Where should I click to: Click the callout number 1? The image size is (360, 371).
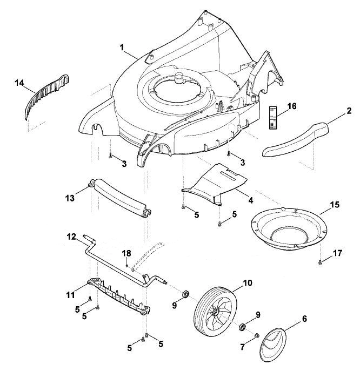point(122,48)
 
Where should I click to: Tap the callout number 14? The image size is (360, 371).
point(19,83)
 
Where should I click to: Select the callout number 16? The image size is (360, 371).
point(292,106)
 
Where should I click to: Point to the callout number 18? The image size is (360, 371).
point(126,253)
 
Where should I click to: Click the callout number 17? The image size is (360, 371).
point(337,253)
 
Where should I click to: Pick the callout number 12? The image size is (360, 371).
point(71,237)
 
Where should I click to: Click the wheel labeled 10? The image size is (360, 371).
point(215,308)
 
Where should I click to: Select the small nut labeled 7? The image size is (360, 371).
point(256,335)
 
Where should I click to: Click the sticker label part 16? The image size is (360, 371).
point(273,118)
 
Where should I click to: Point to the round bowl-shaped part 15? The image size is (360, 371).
point(289,228)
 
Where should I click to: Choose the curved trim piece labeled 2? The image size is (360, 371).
point(296,139)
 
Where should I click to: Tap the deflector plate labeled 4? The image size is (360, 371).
point(215,185)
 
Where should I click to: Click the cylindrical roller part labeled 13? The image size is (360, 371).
point(120,198)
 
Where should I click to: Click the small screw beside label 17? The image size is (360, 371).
point(321,262)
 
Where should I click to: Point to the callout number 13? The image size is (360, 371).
point(70,198)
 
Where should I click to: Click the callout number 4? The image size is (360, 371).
point(251,200)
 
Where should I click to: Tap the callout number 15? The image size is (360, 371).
point(335,205)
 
